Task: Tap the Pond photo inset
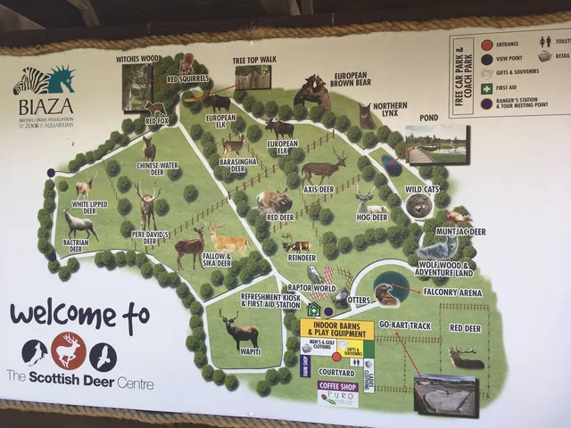click(436, 144)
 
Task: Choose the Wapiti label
click(240, 351)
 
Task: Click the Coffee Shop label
click(338, 386)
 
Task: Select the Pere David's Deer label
click(150, 238)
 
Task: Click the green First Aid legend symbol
click(486, 89)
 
